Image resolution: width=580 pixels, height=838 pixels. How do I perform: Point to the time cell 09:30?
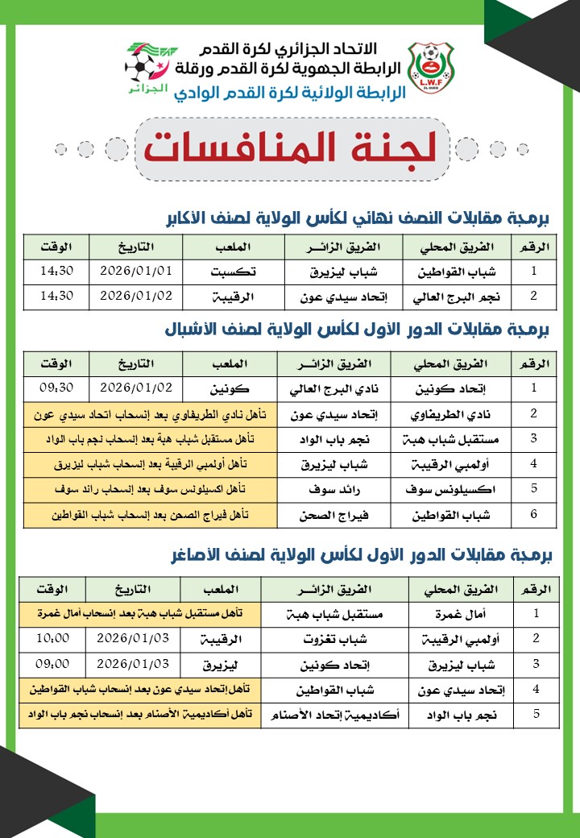[x=56, y=387]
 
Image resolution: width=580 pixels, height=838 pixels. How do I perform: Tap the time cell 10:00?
[x=54, y=638]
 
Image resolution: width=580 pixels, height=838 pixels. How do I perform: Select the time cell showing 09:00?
[x=54, y=664]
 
